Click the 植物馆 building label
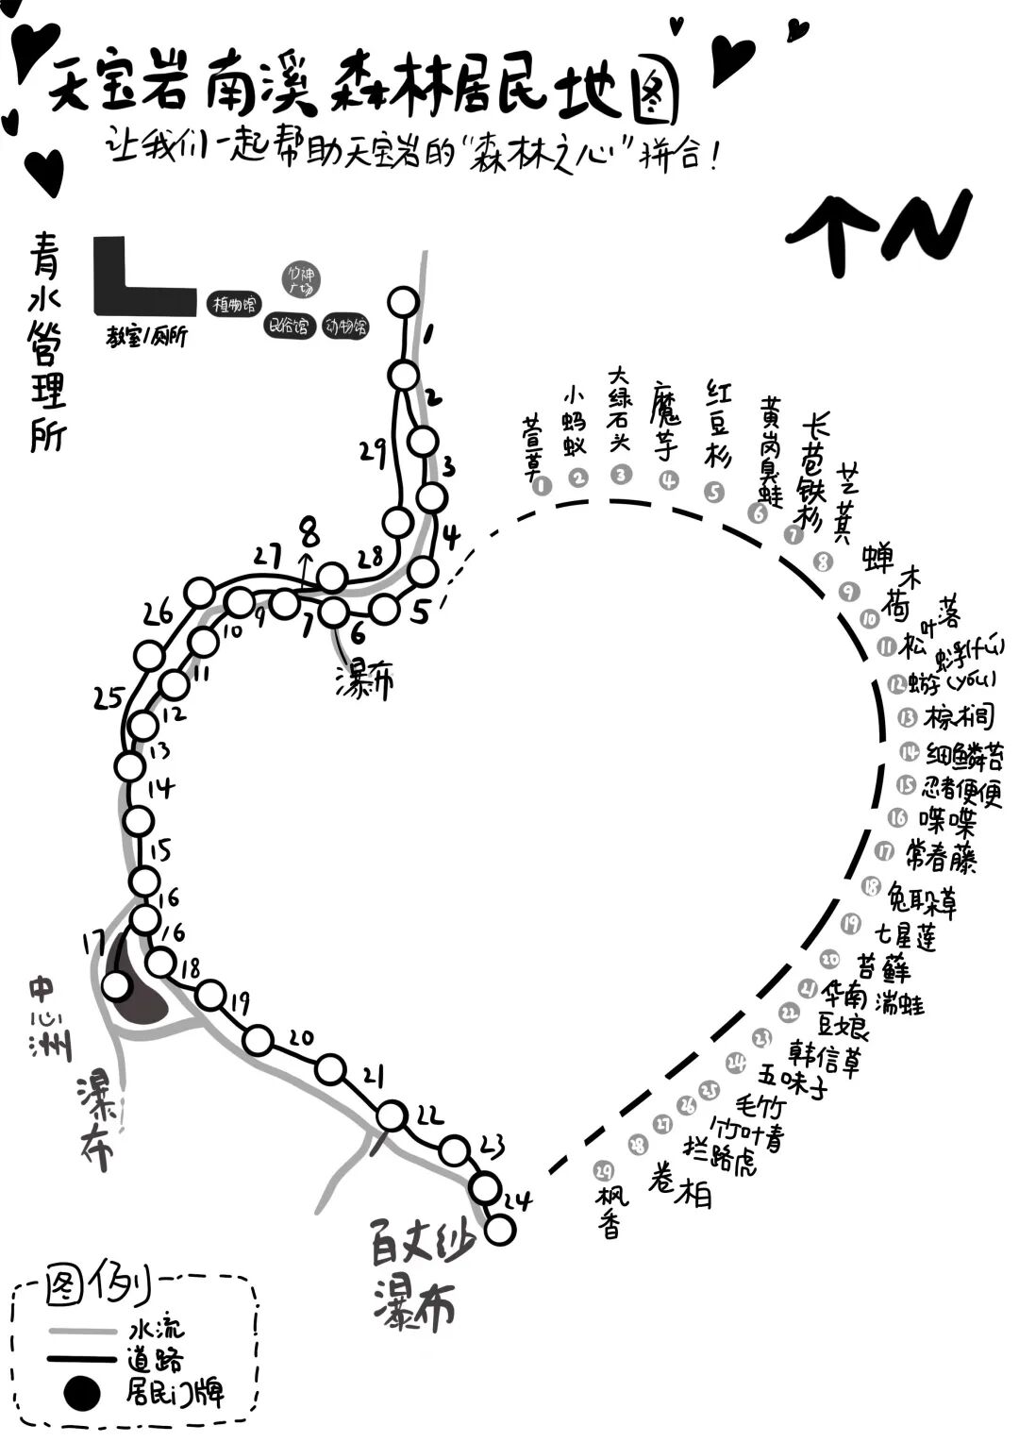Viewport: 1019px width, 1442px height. pos(233,305)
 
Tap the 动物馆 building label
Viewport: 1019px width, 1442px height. pos(345,327)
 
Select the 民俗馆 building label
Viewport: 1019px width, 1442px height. pos(289,327)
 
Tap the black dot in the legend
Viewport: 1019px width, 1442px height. pos(81,1391)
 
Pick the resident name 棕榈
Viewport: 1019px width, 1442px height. pos(959,717)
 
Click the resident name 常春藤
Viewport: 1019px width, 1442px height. pos(941,855)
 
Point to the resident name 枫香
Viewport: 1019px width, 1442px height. pos(610,1210)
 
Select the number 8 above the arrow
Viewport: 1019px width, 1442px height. pos(309,533)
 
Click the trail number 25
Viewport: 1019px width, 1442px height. pos(109,698)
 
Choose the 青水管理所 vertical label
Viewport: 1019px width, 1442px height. pos(46,342)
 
